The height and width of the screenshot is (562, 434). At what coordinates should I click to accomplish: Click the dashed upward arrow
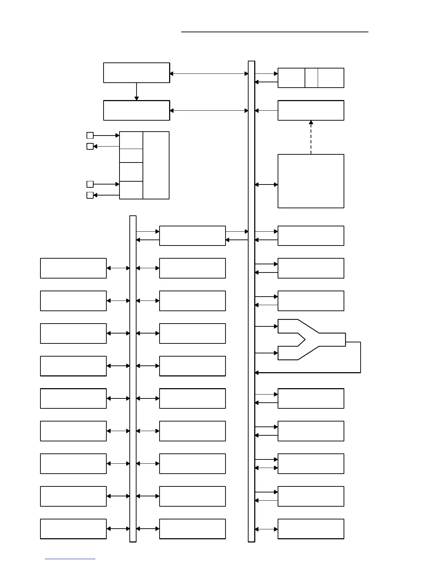311,137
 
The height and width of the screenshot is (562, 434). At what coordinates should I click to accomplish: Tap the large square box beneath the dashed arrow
311,181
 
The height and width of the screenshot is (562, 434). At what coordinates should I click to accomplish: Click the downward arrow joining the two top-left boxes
137,92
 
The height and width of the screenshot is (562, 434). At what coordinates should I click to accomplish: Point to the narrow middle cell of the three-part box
311,78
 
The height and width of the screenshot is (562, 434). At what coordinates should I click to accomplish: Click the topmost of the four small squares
90,135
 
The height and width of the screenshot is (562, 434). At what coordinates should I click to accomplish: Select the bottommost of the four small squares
90,195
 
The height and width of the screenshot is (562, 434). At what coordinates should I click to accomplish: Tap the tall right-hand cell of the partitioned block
156,165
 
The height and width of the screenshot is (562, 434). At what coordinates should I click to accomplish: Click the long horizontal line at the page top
275,32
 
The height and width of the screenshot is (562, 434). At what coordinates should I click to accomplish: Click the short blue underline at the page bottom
70,559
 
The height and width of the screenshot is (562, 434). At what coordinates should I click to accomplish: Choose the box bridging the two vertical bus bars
192,236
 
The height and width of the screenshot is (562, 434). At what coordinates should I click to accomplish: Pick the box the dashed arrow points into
311,110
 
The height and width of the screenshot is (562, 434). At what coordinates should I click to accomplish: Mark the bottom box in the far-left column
73,529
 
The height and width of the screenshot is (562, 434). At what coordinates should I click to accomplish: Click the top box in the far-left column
73,268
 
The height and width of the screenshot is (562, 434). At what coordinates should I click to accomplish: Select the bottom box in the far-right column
311,529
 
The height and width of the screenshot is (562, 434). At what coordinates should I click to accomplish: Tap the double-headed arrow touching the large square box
266,184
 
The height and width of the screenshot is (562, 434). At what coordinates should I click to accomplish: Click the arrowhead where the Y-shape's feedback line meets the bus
257,373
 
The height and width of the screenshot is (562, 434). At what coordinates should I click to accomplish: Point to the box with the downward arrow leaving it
137,73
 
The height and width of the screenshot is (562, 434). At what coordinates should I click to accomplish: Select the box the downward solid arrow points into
137,110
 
